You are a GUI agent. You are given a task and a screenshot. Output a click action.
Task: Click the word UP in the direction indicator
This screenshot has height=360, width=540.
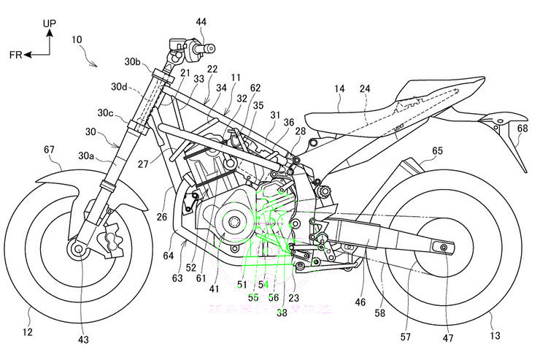48,23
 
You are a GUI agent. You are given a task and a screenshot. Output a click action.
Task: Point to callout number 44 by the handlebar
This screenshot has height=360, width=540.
200,21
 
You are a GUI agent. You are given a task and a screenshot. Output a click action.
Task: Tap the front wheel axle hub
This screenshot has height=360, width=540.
77,250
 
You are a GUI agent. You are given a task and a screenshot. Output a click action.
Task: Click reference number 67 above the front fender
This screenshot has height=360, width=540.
49,150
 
